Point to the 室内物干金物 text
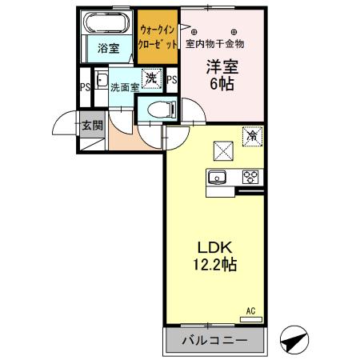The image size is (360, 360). point(215,43)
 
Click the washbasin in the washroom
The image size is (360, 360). point(101,80)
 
